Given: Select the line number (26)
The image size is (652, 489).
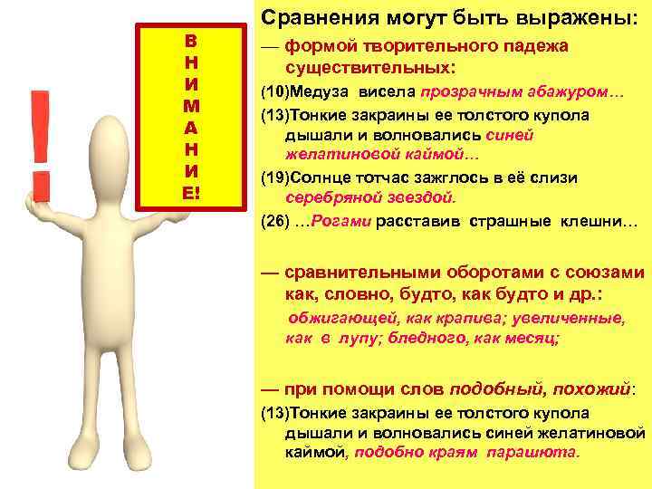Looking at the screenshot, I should (274, 220).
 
